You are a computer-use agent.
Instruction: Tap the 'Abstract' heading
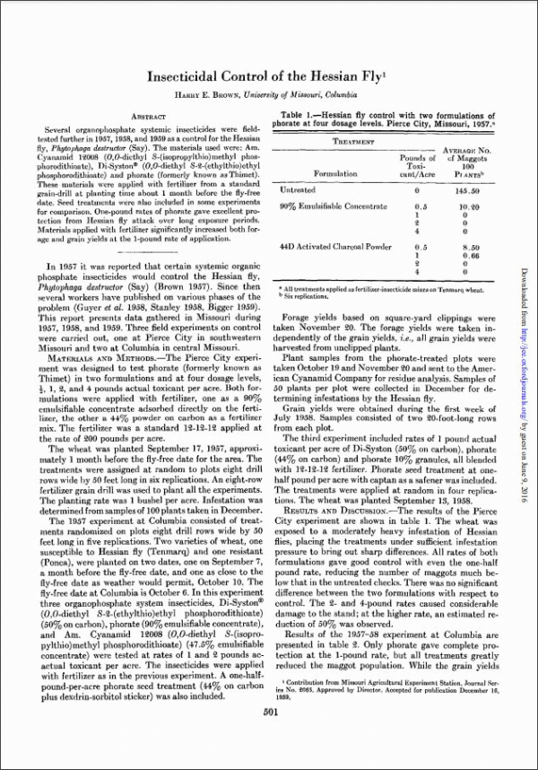coord(145,118)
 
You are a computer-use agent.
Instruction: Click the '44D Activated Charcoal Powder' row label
coord(336,245)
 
